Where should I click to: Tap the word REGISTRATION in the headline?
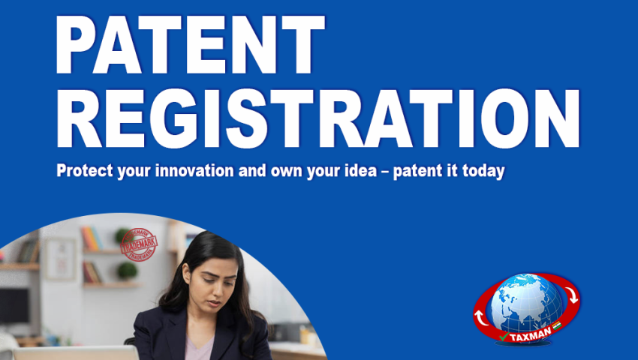(318, 118)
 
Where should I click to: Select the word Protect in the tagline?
(80, 171)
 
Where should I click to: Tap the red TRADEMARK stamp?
(139, 244)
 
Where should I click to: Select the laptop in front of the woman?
(75, 352)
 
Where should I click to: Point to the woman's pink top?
(198, 348)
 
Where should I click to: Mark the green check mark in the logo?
(501, 337)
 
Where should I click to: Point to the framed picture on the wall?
(60, 258)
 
